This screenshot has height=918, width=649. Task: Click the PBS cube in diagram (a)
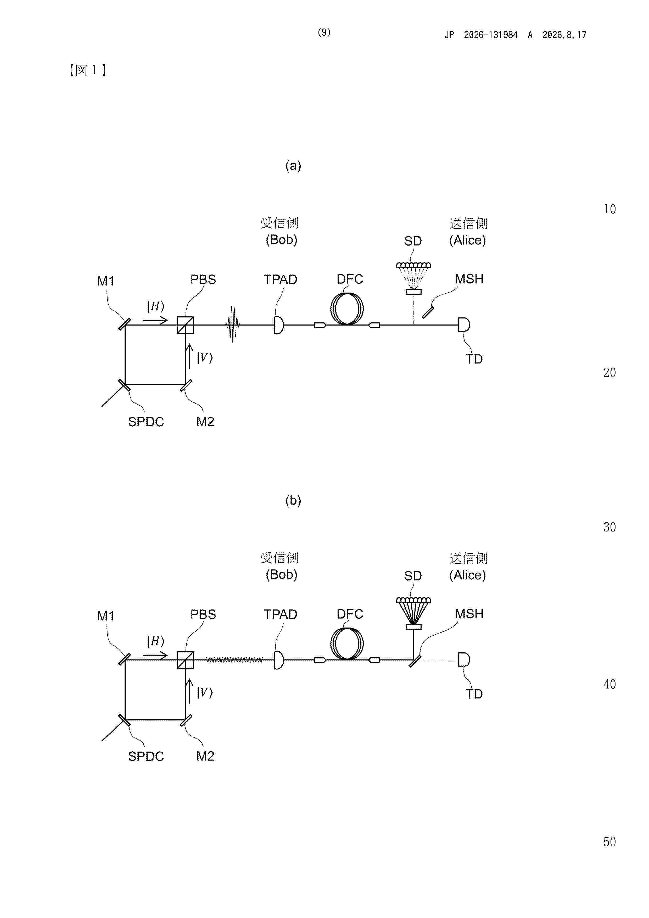tap(185, 325)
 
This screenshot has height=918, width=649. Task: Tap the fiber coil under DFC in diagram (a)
tap(347, 309)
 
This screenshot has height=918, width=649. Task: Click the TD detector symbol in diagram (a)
tap(464, 325)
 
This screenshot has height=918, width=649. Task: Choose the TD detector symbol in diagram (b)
tap(464, 660)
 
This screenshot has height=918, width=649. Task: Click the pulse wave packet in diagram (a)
tap(233, 325)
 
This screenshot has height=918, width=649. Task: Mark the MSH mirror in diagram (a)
tap(427, 312)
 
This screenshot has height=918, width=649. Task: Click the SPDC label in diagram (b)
tap(146, 757)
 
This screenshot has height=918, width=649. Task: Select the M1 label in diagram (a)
tap(105, 281)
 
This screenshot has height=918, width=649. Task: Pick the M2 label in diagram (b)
tap(205, 756)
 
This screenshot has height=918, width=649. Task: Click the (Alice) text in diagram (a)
tap(467, 240)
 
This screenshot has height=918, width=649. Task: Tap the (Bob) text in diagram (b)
tap(282, 575)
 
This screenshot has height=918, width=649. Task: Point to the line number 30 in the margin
tap(609, 527)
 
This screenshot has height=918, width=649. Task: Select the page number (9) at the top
tap(324, 32)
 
